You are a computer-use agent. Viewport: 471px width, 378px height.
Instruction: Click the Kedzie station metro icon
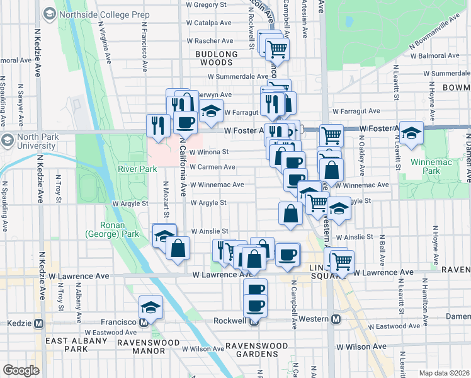pyautogui.click(x=39, y=323)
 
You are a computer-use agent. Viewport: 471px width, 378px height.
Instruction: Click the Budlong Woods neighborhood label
pyautogui.click(x=217, y=59)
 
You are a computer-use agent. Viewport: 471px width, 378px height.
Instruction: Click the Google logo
pyautogui.click(x=20, y=370)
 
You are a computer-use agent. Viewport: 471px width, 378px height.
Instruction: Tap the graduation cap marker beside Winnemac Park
pyautogui.click(x=411, y=133)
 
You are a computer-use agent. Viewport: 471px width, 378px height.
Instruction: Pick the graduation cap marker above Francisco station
pyautogui.click(x=150, y=307)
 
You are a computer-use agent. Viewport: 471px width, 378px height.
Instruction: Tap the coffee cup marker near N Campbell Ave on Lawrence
pyautogui.click(x=287, y=255)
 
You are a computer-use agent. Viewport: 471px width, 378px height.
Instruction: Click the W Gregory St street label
pyautogui.click(x=206, y=4)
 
